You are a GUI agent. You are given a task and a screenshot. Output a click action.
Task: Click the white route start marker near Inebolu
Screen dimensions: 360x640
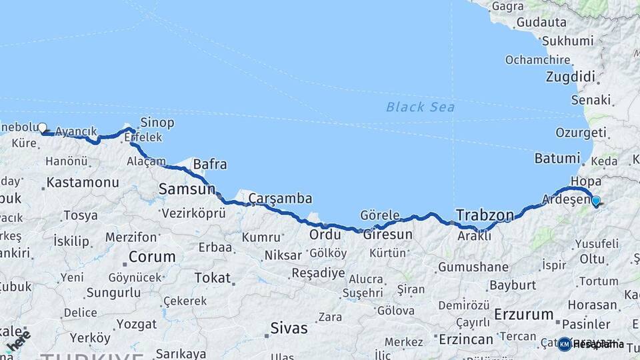coord(42,127)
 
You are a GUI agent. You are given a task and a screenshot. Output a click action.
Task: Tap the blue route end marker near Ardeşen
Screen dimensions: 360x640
coord(595,200)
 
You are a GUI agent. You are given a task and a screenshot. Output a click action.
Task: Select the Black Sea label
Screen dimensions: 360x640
coord(420,107)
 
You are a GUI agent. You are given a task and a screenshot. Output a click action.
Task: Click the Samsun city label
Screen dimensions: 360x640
coord(187,189)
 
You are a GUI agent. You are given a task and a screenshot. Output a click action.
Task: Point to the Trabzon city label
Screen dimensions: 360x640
coord(485,215)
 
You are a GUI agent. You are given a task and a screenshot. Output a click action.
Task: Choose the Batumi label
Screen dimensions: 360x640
coord(557,159)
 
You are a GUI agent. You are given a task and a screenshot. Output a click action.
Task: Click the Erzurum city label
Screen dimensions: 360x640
coord(524,314)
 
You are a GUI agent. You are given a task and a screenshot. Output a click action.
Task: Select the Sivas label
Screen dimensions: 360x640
coord(289,328)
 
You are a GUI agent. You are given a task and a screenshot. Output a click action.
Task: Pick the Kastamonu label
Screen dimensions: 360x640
coord(83,182)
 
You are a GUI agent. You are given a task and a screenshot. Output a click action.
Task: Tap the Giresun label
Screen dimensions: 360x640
coord(387,235)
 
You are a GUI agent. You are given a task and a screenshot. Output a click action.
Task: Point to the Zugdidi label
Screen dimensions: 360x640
coord(570,77)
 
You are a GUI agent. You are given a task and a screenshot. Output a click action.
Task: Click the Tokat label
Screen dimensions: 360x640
coord(211,277)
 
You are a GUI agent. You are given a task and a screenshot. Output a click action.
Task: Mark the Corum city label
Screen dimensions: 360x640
coord(152,256)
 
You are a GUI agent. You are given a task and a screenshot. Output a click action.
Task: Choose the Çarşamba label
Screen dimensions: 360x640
coord(280,199)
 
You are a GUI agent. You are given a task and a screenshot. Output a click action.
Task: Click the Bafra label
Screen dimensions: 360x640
coord(209,164)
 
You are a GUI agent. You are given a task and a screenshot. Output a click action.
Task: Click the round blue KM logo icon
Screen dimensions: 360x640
coord(565,344)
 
